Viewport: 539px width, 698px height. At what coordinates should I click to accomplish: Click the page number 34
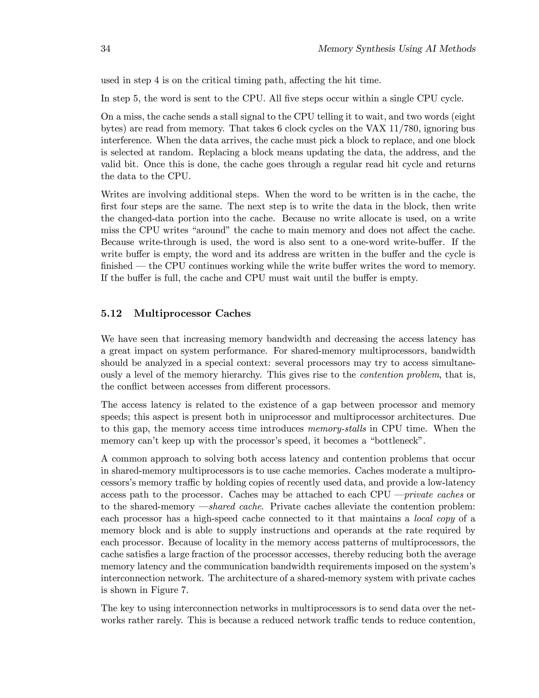(106, 49)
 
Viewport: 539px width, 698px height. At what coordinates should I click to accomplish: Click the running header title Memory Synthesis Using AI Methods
(397, 49)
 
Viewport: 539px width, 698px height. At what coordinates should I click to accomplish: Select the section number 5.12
(111, 313)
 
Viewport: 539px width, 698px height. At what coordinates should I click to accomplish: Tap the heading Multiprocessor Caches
(192, 313)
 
